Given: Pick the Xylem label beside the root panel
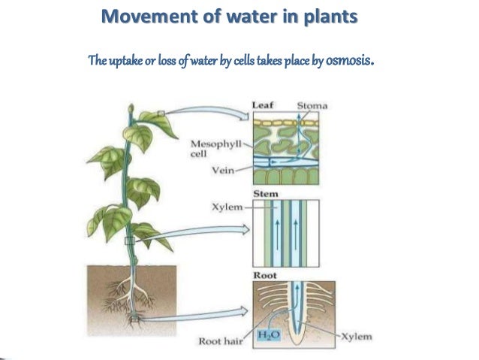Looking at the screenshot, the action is click(x=356, y=338).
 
